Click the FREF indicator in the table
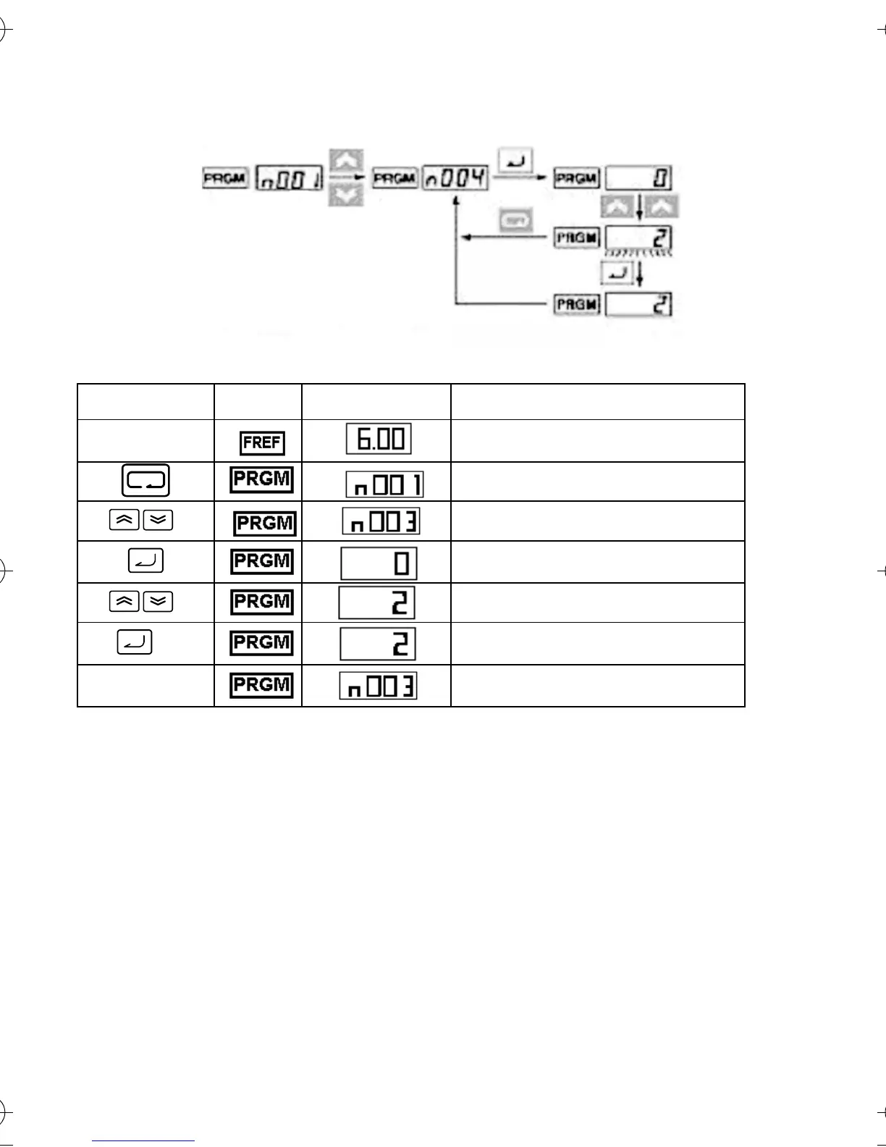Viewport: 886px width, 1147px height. click(262, 442)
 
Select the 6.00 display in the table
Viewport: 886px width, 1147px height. click(379, 439)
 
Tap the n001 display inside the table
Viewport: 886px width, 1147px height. click(384, 484)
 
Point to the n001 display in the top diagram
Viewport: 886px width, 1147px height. click(290, 177)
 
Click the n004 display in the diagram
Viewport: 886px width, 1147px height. click(455, 177)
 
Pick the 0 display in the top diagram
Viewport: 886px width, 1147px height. click(638, 178)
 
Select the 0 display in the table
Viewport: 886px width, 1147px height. click(379, 563)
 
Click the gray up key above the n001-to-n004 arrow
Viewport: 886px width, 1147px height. click(346, 160)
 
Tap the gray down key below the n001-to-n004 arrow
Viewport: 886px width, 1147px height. click(346, 195)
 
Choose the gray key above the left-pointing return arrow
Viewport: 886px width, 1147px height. click(515, 221)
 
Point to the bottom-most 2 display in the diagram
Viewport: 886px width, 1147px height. click(638, 304)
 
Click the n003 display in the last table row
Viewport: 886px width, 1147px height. click(378, 686)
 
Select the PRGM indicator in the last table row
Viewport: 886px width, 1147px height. click(261, 684)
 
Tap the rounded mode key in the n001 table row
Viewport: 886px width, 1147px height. click(145, 480)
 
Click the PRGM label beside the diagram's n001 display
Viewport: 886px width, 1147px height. click(226, 178)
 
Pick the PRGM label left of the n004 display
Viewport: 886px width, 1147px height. click(395, 178)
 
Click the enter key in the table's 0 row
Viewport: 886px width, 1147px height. click(145, 561)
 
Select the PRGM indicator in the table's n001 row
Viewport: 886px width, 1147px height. click(261, 479)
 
